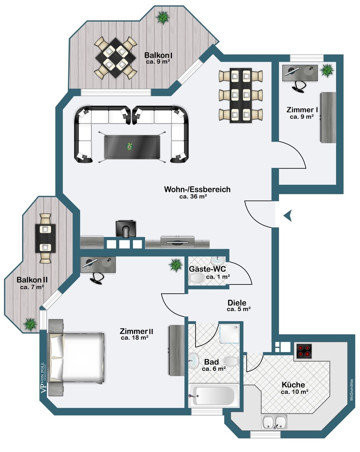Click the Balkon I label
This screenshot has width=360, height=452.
(158, 55)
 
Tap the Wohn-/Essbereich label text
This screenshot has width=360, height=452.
(197, 190)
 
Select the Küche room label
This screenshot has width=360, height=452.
(293, 385)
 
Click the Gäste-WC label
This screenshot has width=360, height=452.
(207, 269)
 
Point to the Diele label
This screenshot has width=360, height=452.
(237, 303)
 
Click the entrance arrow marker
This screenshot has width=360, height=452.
(288, 216)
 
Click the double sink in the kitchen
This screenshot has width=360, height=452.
(274, 422)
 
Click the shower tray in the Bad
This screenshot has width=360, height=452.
(229, 334)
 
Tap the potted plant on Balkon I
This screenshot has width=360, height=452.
(163, 17)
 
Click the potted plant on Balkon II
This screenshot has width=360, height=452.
(30, 325)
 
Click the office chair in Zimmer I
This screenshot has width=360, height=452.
(299, 86)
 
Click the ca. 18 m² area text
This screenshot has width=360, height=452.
(135, 338)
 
